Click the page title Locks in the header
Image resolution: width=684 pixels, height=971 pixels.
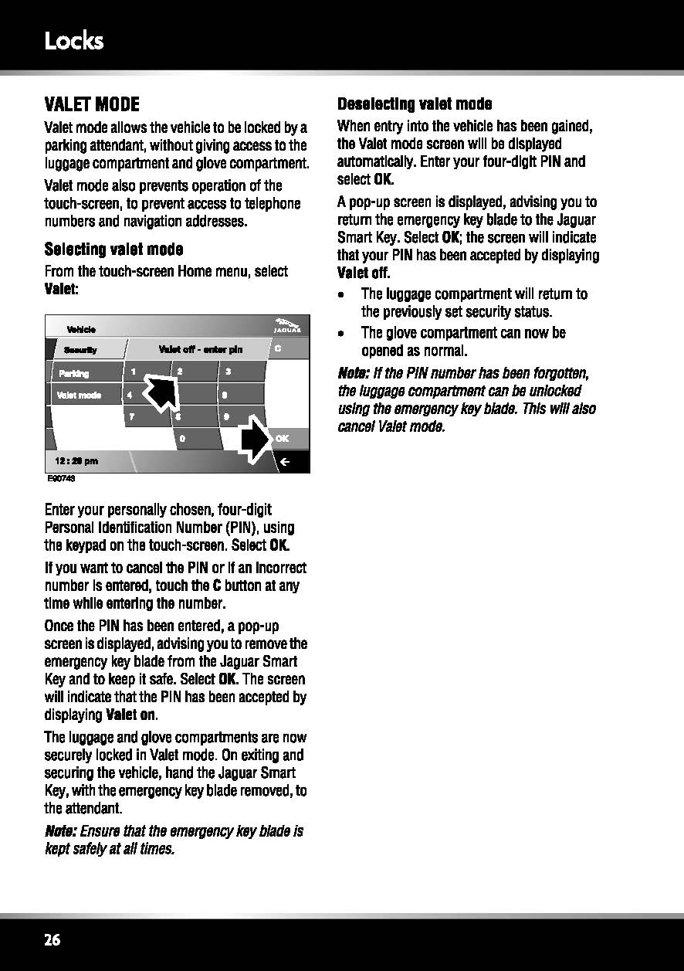click(74, 40)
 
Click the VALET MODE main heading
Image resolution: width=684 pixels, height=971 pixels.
click(92, 104)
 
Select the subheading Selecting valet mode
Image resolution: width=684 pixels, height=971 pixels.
click(113, 250)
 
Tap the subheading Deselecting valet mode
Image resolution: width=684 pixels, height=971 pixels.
click(415, 104)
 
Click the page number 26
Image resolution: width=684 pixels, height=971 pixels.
click(52, 940)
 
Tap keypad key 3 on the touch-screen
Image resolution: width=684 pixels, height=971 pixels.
click(239, 372)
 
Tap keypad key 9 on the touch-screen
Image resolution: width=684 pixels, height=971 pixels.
click(239, 416)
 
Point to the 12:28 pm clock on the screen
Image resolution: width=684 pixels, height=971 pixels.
click(76, 461)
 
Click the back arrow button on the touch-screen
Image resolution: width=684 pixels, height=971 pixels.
click(284, 462)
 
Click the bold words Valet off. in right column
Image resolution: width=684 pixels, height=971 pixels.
click(364, 273)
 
